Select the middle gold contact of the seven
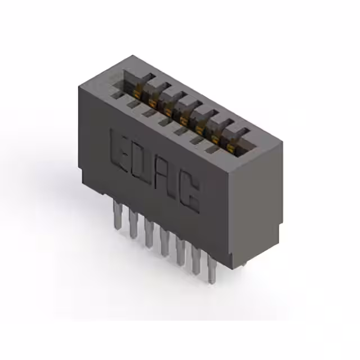[x=184, y=117]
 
